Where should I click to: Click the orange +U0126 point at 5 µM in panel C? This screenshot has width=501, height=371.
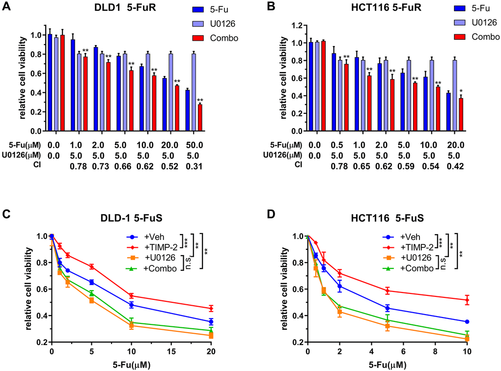click(91, 300)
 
